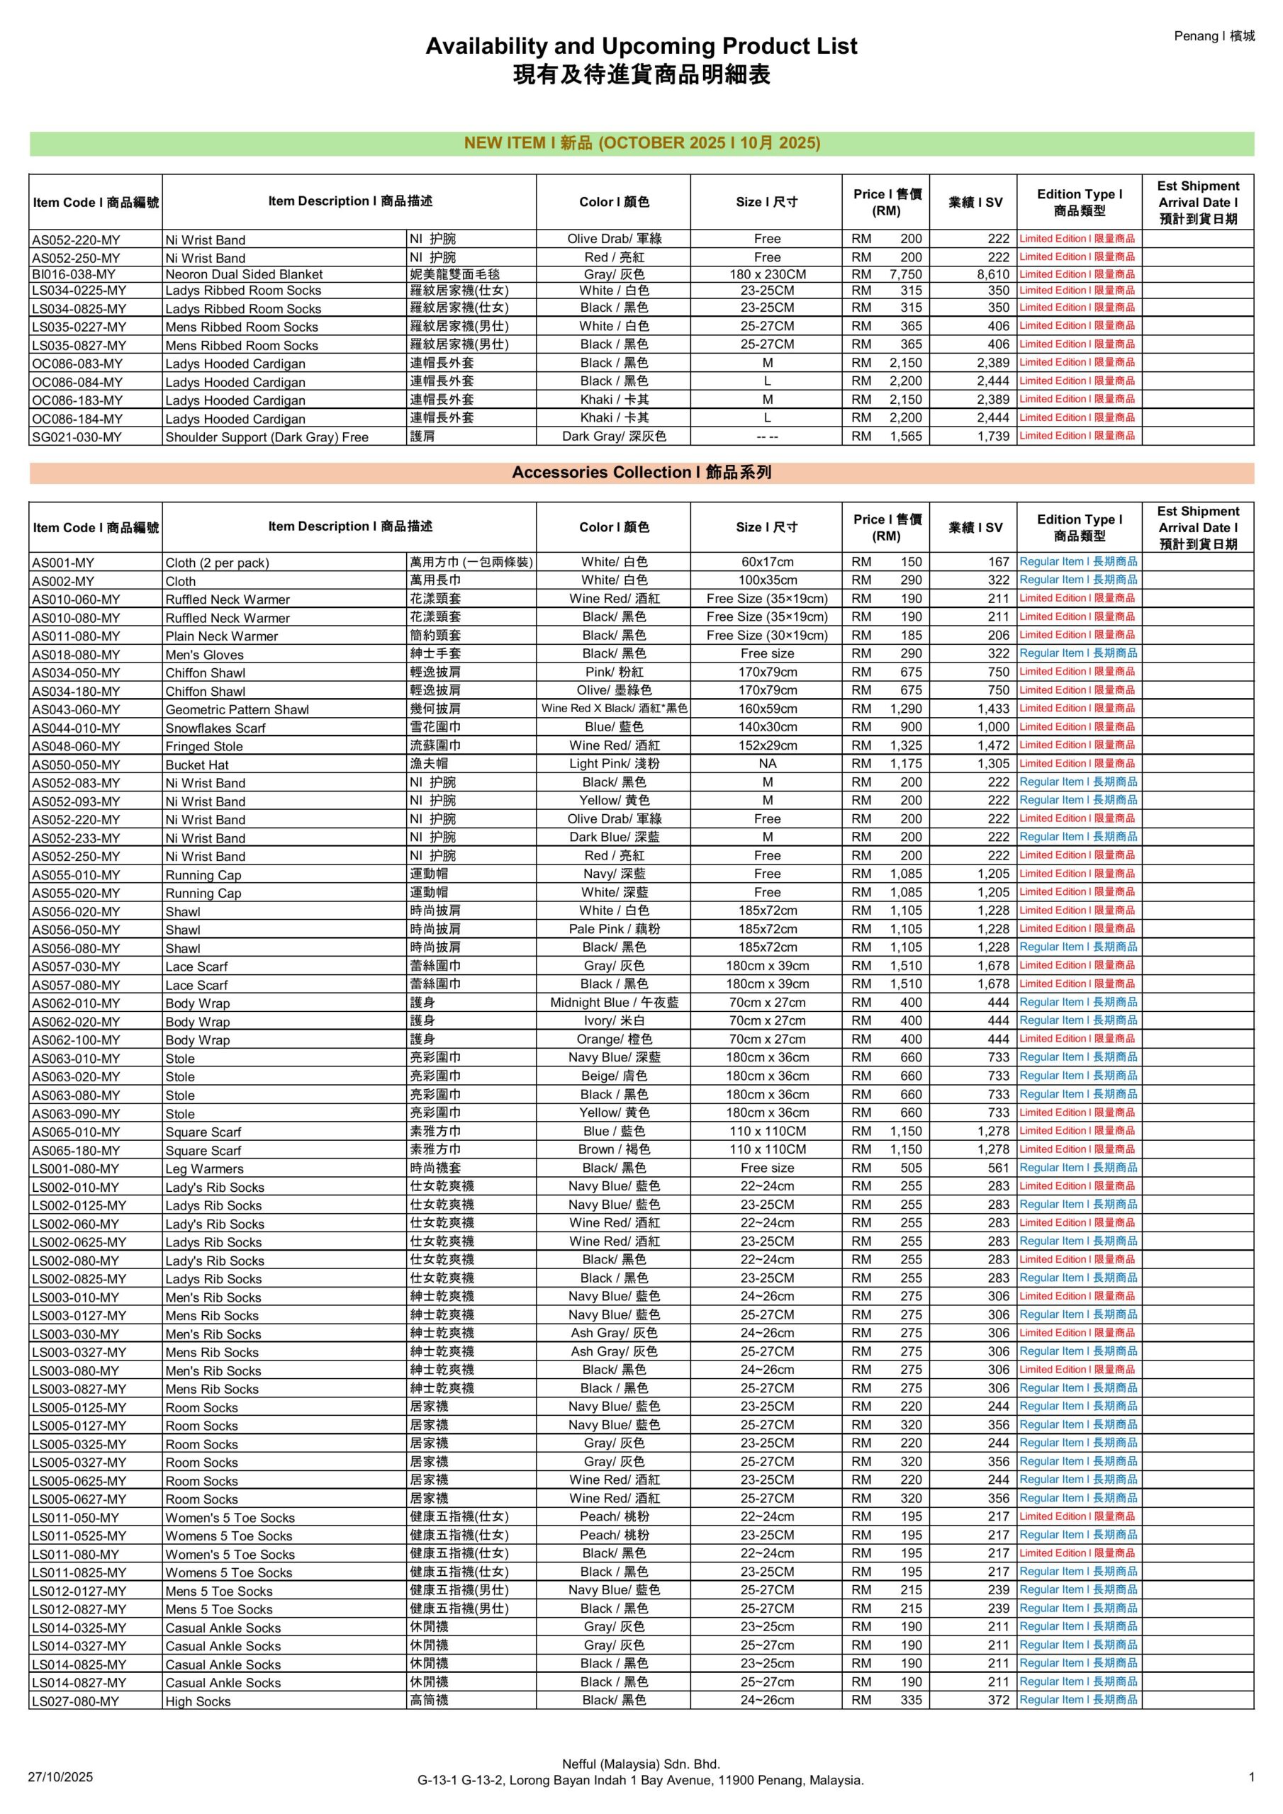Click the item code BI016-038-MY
tap(74, 274)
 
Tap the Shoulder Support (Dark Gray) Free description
tap(267, 437)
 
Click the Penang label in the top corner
tap(1214, 35)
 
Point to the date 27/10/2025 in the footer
tap(60, 1777)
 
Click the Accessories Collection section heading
tap(641, 473)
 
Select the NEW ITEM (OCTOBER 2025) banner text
tap(641, 143)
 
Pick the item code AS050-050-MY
tap(76, 765)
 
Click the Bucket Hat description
tap(197, 765)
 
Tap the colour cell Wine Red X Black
tap(615, 709)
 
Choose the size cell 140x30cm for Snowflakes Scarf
tap(767, 727)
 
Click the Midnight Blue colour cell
tap(615, 1003)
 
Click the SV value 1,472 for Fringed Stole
tap(993, 745)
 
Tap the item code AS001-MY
tap(62, 563)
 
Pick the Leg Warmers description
tap(204, 1168)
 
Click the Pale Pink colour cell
tap(615, 929)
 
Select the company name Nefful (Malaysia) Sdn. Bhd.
tap(640, 1764)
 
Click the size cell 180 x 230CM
tap(767, 274)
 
